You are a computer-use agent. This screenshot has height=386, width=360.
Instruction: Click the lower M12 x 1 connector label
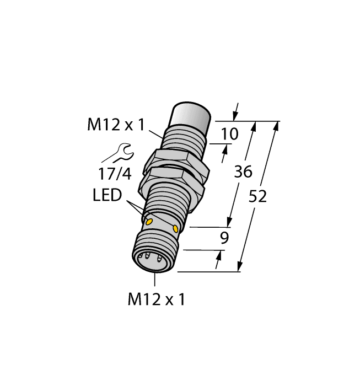[156, 300]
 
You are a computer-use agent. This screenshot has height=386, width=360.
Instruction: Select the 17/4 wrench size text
[115, 174]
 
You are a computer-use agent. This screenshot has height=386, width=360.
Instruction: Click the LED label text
[107, 196]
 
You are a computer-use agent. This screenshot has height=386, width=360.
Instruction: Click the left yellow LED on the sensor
[149, 221]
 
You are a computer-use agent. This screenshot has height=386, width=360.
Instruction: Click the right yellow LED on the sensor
[176, 228]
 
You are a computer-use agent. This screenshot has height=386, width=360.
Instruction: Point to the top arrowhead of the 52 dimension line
[276, 126]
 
